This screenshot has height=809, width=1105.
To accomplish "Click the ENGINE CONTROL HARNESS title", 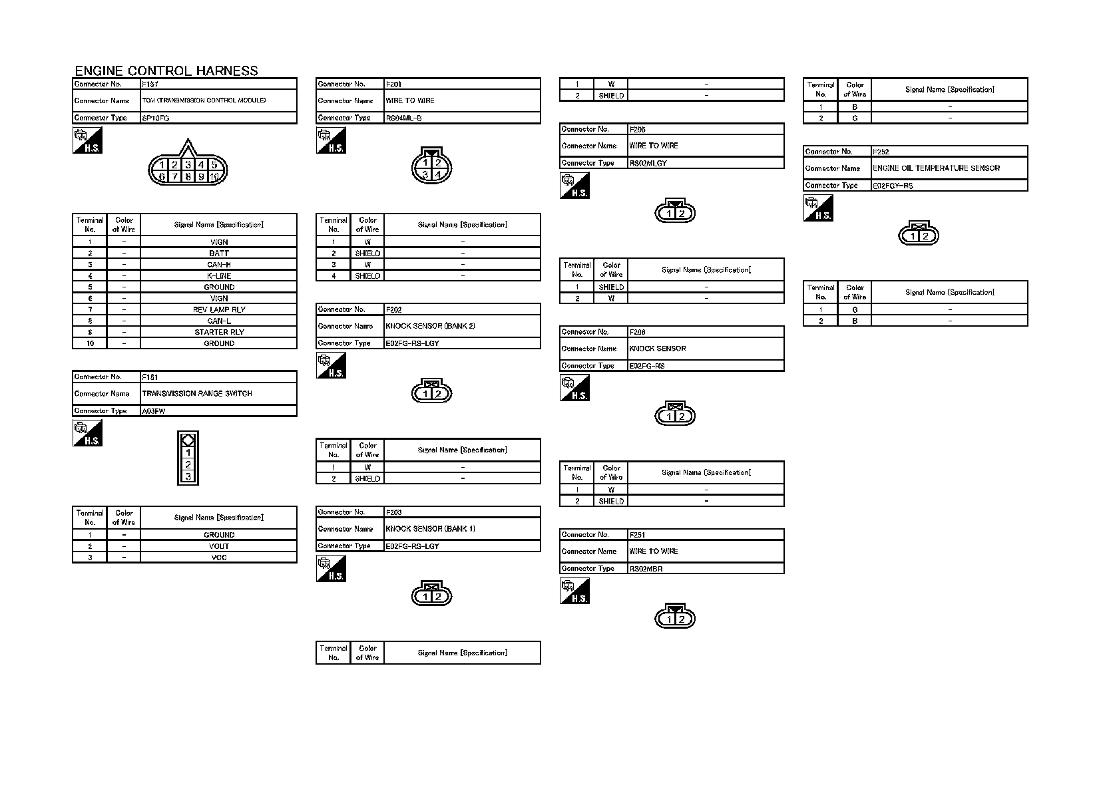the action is (x=166, y=71).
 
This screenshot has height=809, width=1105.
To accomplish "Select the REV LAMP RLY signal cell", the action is (x=219, y=309).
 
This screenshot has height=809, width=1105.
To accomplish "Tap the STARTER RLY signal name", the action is (x=219, y=332).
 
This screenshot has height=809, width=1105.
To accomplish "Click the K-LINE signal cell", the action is (x=219, y=275).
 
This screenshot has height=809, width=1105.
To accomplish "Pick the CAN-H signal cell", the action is (x=219, y=264).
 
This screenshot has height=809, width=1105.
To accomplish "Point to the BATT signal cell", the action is (x=219, y=253).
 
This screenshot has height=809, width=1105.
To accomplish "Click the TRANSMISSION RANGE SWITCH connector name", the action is (x=197, y=393).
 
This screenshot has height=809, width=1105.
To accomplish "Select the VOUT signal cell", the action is (x=219, y=546).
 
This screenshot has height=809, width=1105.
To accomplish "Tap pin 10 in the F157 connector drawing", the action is (x=214, y=177).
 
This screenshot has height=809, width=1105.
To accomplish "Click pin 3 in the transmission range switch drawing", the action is (x=188, y=476).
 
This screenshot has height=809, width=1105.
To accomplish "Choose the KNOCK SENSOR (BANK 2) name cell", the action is (x=430, y=326).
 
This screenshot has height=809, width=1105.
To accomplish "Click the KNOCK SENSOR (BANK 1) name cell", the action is (x=430, y=529).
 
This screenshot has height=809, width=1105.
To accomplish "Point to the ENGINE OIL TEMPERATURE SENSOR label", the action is (x=936, y=168).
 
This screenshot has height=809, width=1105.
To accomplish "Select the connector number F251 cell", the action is (x=638, y=534).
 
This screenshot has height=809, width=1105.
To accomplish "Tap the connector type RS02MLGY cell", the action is (x=648, y=163).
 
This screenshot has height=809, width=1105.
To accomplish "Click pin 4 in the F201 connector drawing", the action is (x=438, y=175).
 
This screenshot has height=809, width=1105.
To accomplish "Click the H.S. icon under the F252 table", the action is (x=818, y=209).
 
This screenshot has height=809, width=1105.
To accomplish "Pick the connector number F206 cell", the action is (x=638, y=331).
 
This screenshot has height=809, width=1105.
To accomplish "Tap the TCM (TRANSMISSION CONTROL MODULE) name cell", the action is (x=204, y=100).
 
